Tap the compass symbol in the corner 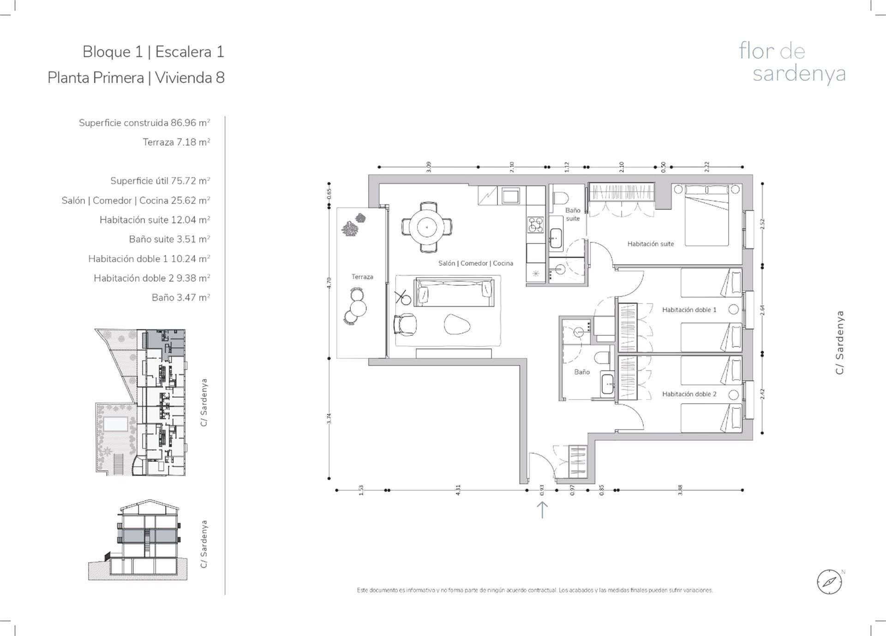tap(830, 581)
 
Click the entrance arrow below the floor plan tap(542, 510)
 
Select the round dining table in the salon tap(427, 227)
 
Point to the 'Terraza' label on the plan tap(362, 277)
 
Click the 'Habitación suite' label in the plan tap(651, 244)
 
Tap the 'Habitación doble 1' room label tap(689, 310)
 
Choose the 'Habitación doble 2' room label tap(689, 394)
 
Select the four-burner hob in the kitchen tap(535, 224)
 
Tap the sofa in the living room tap(453, 292)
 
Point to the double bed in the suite tap(706, 215)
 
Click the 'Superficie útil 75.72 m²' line tap(160, 181)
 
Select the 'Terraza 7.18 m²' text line tap(176, 142)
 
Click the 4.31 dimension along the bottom tap(458, 490)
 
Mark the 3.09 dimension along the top tap(428, 167)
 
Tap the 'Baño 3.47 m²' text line tap(181, 297)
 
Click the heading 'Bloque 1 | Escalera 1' tap(153, 52)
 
